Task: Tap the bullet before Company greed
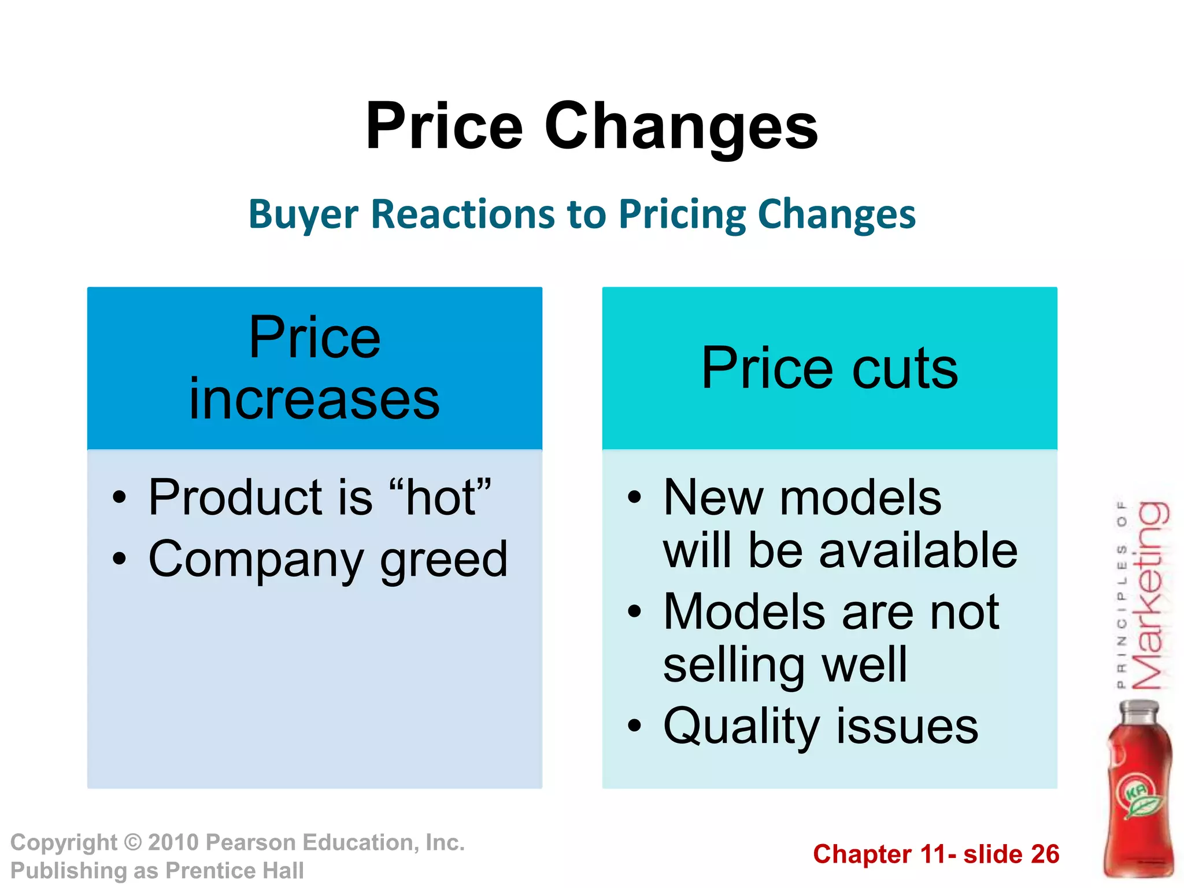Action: (119, 559)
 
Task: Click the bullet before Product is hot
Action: (119, 497)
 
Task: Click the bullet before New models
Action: (635, 497)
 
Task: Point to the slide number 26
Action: (1045, 854)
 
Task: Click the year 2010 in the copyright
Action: (173, 842)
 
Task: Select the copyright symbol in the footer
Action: (133, 842)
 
